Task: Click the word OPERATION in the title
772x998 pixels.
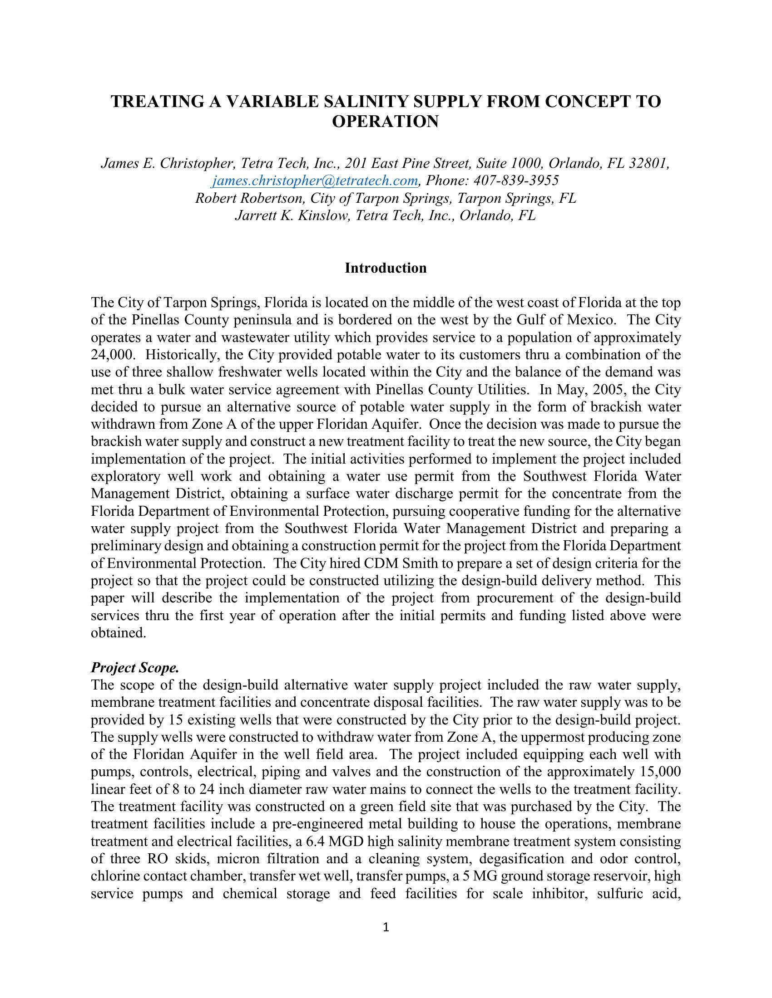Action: (x=385, y=122)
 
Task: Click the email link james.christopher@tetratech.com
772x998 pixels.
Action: (x=315, y=181)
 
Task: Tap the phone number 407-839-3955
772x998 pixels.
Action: (x=516, y=181)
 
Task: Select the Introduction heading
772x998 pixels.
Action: (x=386, y=268)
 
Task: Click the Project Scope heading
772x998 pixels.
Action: (x=135, y=668)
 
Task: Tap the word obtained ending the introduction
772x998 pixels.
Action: (x=118, y=633)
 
